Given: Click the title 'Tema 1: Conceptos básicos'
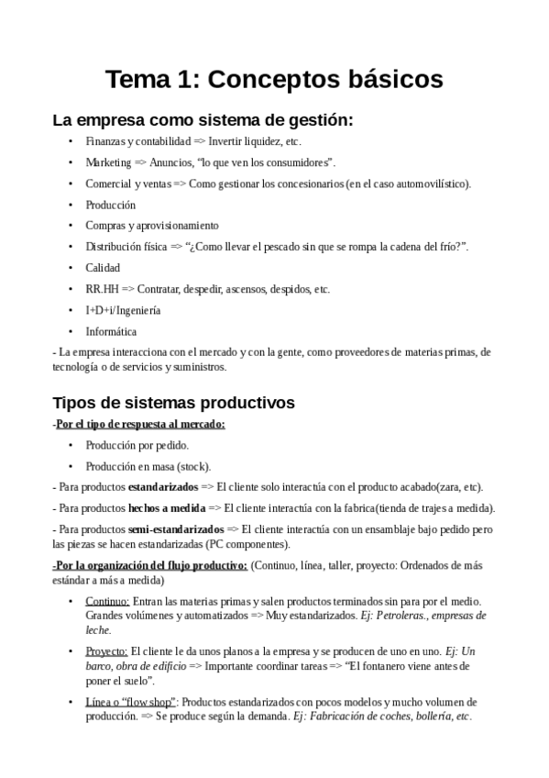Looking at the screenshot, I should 275,80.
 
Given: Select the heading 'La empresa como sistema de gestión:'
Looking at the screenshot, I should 203,120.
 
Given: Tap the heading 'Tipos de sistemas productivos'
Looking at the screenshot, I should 173,402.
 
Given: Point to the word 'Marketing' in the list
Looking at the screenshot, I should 109,162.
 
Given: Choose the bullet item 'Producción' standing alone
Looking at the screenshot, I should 111,205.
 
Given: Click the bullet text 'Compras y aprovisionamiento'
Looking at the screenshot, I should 152,226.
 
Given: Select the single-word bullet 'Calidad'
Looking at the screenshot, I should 103,268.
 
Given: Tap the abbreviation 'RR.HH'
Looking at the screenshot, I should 102,289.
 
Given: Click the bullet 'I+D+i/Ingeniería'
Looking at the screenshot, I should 123,310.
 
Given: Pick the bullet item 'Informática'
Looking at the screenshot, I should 111,331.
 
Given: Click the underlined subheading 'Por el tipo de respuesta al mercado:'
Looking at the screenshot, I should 141,423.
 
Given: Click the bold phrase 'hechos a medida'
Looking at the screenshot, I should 167,508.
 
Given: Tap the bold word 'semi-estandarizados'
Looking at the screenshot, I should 176,529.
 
